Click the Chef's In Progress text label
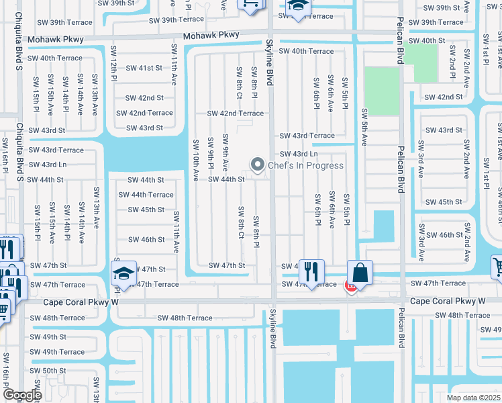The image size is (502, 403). [305, 165]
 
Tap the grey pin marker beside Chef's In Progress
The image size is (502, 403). [257, 164]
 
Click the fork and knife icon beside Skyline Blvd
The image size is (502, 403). [311, 272]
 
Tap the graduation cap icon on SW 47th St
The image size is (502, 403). [123, 273]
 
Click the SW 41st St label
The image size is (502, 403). [144, 68]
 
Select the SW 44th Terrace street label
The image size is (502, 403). [146, 195]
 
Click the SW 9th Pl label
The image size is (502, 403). [210, 152]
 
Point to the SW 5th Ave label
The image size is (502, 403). [365, 127]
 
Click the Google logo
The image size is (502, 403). [22, 395]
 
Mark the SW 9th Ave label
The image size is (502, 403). [225, 153]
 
